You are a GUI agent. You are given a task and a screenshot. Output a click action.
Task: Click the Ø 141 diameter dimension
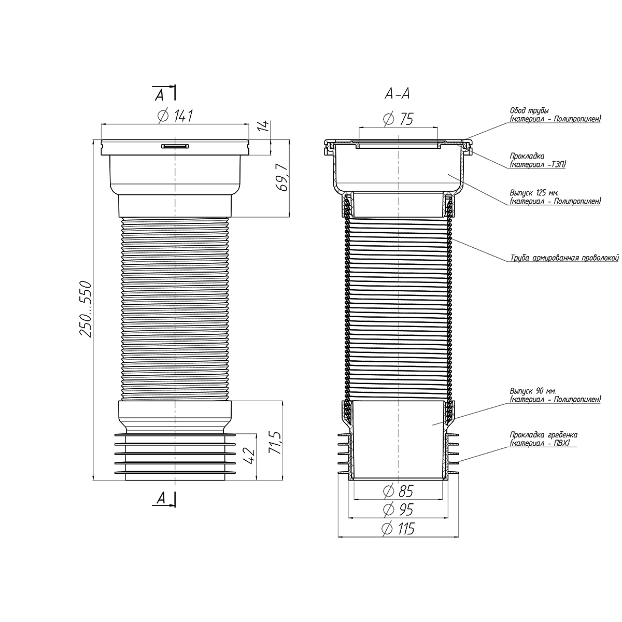pos(176,116)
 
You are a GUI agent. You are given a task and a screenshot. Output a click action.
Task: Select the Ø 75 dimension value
pos(398,119)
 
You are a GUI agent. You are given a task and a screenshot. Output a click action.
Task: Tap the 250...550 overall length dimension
pos(86,309)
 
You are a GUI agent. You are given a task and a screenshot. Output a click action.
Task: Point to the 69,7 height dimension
pos(283,177)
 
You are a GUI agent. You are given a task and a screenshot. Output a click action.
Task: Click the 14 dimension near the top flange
pos(264,125)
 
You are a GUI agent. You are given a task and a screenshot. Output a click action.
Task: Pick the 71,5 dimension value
pos(275,442)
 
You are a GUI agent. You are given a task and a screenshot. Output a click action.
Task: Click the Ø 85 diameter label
pos(398,491)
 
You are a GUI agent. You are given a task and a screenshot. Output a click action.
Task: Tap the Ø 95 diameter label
pos(398,510)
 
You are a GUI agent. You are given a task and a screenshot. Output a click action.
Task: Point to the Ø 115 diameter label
pos(398,528)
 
